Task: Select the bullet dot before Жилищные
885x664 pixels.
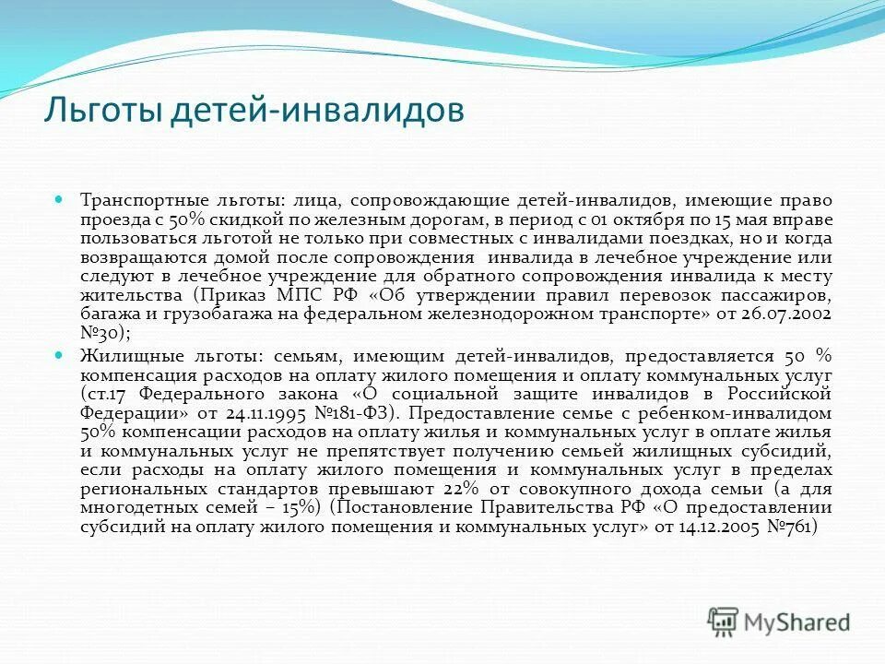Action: tap(58, 354)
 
